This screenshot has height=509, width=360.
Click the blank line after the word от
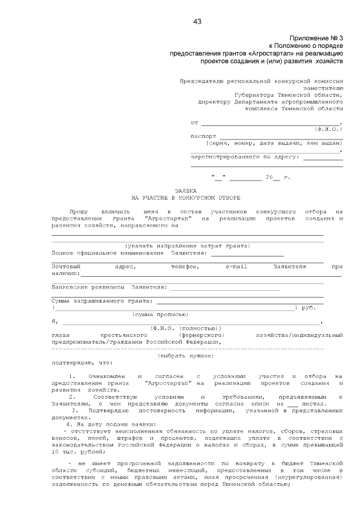pos(271,123)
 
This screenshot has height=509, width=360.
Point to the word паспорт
pos(203,136)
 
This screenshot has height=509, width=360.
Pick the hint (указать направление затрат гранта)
pos(187,246)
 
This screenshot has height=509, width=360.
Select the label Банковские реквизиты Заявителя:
pos(109,287)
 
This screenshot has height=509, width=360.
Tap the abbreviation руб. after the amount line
pos(309,308)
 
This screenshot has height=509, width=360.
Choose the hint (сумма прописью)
pos(156,314)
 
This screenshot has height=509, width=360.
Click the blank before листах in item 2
pos(291,403)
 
